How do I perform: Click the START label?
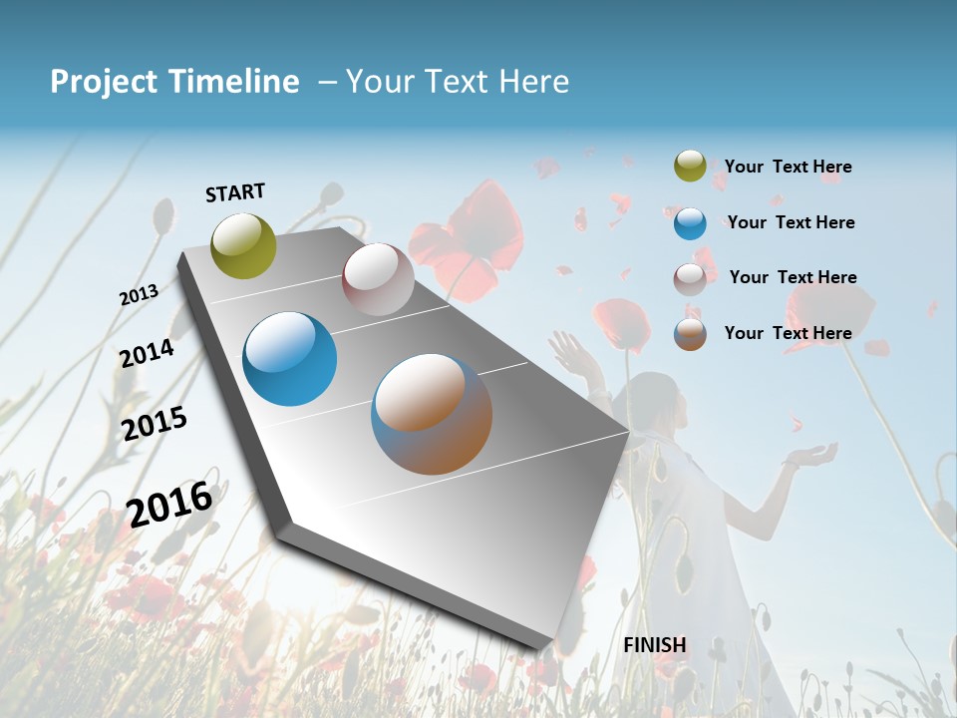tap(235, 192)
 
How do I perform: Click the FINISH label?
tap(655, 645)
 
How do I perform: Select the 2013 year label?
tap(139, 295)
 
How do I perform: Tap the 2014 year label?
tap(147, 353)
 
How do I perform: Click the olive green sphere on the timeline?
tap(244, 245)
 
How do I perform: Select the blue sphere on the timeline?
tap(290, 359)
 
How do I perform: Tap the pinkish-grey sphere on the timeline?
tap(378, 279)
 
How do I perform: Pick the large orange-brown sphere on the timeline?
tap(432, 414)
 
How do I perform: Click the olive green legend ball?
tap(690, 167)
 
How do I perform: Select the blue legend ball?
tap(690, 223)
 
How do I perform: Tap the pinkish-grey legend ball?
tap(690, 279)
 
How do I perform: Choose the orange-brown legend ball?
tap(690, 334)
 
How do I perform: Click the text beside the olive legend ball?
tap(788, 168)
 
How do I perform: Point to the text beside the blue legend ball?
tap(791, 223)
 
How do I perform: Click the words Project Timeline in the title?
tap(174, 82)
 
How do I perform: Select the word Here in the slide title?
tap(533, 82)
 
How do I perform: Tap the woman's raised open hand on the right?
tap(809, 457)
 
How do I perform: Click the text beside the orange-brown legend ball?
tap(788, 333)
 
